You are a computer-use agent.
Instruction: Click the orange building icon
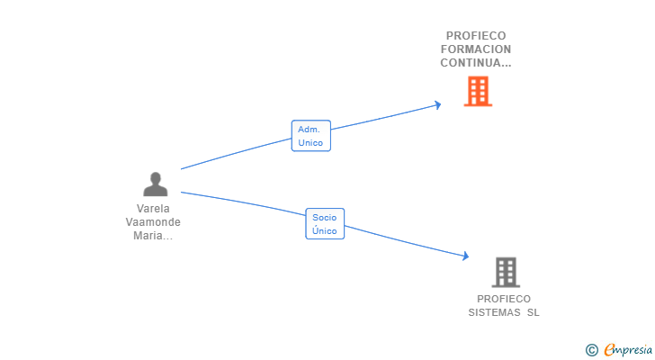(478, 91)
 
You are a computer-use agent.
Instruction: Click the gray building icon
(506, 272)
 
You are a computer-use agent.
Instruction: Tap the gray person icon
(156, 184)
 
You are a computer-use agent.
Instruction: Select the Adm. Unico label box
(310, 136)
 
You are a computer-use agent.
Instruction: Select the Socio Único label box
(325, 224)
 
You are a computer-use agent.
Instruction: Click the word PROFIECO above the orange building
(475, 36)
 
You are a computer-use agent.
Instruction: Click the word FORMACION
(476, 49)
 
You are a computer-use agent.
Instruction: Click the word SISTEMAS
(494, 313)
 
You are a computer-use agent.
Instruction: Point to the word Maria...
(149, 236)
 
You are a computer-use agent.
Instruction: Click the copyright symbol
(591, 349)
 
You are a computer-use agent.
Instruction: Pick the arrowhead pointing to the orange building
(438, 104)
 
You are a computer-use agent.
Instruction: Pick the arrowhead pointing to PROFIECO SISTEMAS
(465, 256)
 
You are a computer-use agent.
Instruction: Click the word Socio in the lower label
(325, 218)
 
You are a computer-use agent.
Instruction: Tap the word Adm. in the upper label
(310, 130)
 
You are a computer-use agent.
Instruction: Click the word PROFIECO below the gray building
(504, 299)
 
